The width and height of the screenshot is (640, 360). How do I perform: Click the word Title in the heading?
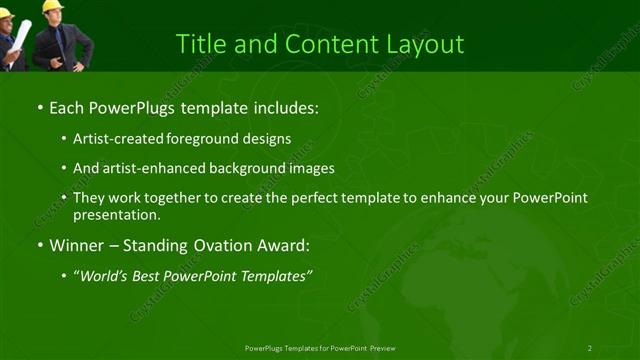pos(200,45)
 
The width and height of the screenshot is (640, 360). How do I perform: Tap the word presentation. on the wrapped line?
pos(116,214)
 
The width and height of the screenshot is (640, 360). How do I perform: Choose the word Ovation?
pos(212,245)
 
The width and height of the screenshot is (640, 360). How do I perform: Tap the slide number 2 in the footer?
pos(589,348)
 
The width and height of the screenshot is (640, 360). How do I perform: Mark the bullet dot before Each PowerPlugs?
pos(40,106)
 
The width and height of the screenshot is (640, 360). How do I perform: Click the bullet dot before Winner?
pos(40,245)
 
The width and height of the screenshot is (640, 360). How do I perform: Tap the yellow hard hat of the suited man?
pos(52,6)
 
